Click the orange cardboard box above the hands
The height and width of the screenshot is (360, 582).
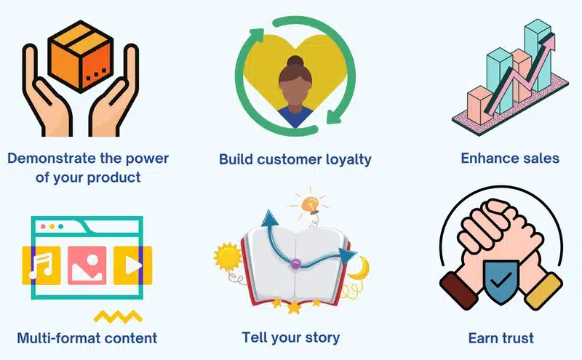[81, 57]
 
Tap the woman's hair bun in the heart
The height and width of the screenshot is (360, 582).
[295, 62]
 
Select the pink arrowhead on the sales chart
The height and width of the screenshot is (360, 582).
[549, 41]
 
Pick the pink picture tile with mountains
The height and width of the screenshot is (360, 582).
[87, 265]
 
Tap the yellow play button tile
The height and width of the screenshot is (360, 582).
[132, 265]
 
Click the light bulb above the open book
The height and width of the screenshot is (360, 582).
[311, 205]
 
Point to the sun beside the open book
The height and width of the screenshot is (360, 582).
[228, 256]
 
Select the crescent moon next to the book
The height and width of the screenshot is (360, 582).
[359, 268]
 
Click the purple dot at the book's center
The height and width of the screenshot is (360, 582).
[295, 264]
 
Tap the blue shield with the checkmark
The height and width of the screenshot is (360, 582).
[501, 281]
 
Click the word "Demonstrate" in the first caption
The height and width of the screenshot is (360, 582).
[52, 159]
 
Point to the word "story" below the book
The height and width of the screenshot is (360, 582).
[322, 338]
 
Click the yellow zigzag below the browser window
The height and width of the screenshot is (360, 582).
[118, 316]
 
